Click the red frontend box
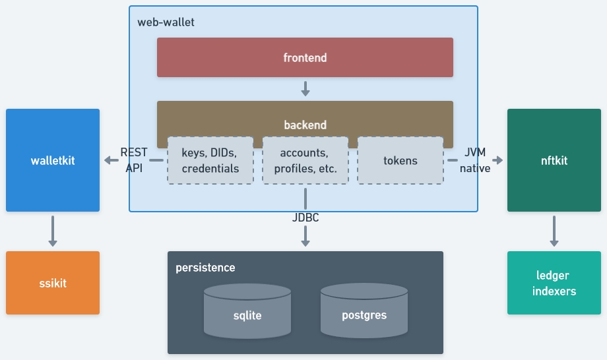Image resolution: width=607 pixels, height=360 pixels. coord(305,57)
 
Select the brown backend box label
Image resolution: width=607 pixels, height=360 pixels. coord(305,125)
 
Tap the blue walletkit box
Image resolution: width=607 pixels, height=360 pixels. coord(53,160)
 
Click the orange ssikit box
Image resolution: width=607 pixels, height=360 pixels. coord(53,283)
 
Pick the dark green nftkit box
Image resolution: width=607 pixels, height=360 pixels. coord(554,160)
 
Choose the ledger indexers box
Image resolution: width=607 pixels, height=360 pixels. coord(554,283)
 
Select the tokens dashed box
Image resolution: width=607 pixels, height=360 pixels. coord(400,160)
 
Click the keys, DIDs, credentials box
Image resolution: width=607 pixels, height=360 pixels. coord(210,160)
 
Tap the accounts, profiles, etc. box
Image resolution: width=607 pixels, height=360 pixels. coord(305,160)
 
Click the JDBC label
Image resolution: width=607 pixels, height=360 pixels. coord(305,217)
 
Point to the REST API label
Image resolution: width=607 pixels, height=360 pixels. coord(134,160)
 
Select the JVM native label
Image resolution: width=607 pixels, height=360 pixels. coord(475,160)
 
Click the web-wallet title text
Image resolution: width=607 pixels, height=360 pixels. coord(166,22)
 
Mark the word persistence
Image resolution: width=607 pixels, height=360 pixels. coord(205,268)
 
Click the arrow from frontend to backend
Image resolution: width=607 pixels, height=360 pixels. coord(305,88)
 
